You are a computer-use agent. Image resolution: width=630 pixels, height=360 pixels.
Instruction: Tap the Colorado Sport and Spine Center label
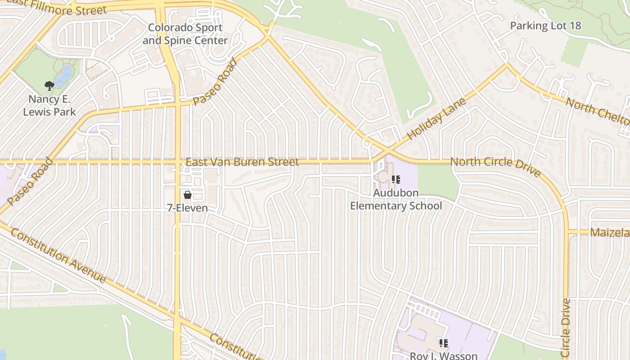point(185,34)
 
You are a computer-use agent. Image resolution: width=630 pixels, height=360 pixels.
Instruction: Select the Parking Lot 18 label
point(545,26)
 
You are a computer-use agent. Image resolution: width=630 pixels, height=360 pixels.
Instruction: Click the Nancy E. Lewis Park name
point(49,105)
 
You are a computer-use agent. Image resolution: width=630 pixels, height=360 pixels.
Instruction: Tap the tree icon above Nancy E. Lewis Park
point(49,85)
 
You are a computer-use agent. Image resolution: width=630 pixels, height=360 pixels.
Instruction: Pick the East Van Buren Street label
point(242,162)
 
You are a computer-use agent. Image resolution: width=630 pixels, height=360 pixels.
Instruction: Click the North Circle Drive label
point(495,166)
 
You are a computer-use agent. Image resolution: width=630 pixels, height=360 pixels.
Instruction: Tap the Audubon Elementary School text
point(396,199)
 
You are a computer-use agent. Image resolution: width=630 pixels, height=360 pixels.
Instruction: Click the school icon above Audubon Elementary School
point(396,180)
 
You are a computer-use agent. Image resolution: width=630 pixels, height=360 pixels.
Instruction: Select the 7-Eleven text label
point(188,208)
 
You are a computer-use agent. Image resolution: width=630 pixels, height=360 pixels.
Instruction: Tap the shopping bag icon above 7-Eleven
point(188,195)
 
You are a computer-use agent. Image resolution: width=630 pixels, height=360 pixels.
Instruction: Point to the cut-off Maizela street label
point(610,233)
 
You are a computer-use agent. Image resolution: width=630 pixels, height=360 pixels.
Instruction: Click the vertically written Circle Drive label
point(566,328)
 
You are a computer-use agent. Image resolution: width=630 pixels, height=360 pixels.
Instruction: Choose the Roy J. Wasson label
point(443,355)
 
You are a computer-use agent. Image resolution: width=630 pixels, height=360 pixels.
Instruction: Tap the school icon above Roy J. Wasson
point(444,343)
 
